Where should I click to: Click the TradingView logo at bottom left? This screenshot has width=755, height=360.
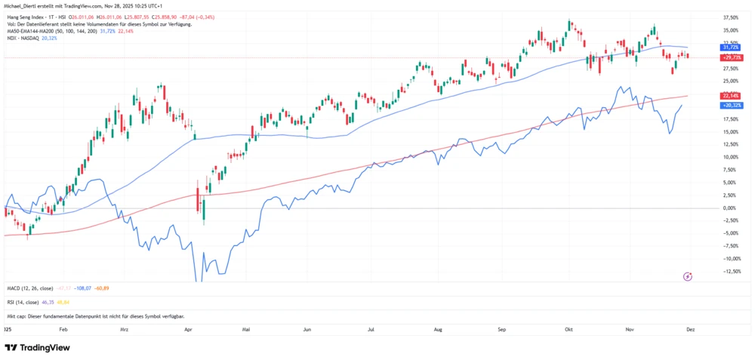(x=37, y=347)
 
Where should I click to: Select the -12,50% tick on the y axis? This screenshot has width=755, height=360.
(x=730, y=272)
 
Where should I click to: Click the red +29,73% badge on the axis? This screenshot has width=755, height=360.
(x=732, y=57)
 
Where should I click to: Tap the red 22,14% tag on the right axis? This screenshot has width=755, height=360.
(x=730, y=96)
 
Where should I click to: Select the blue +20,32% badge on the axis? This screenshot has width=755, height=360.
(x=732, y=106)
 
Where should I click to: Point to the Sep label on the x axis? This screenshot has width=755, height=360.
(x=501, y=330)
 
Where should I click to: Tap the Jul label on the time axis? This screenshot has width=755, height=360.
(x=371, y=330)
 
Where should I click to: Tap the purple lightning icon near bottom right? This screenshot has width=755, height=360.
(x=688, y=276)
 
